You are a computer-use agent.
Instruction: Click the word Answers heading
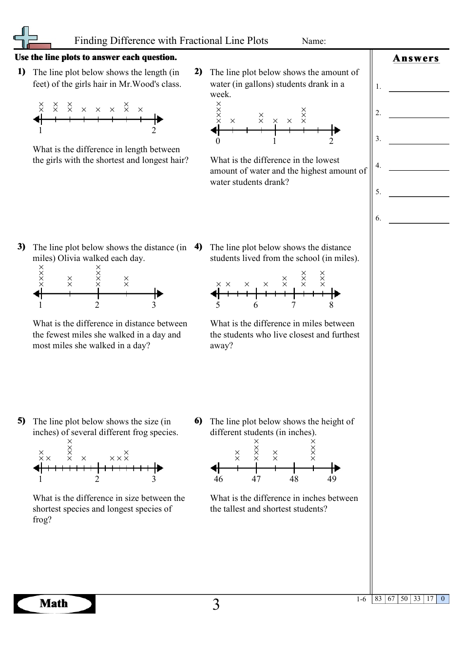pos(416,59)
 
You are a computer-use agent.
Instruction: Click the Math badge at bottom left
pos(54,604)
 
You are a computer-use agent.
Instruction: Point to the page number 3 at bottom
pos(216,605)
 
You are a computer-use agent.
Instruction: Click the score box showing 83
pos(378,599)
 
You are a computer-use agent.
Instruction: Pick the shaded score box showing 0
pos(443,599)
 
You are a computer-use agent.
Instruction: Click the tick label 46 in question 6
pos(218,479)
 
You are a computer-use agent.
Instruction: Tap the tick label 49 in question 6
pos(332,479)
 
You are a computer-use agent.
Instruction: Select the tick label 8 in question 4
pos(331,305)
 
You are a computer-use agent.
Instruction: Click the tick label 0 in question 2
pos(218,141)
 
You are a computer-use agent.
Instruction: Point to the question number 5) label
pos(21,420)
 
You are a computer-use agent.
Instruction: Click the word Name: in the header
pos(314,41)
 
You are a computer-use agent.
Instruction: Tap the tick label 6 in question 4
pos(255,305)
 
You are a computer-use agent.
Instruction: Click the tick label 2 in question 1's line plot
pos(154,130)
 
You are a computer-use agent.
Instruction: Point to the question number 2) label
pos(198,72)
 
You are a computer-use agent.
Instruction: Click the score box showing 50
pos(404,599)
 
